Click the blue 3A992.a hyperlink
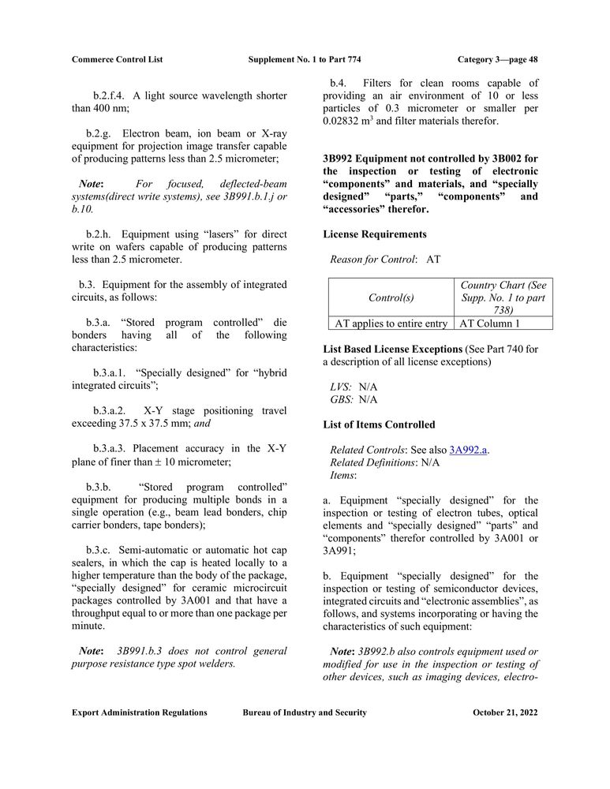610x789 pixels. pyautogui.click(x=468, y=450)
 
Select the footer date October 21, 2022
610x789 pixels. pyautogui.click(x=505, y=712)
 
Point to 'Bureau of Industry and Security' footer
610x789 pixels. pyautogui.click(x=305, y=712)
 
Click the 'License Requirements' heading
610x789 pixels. pyautogui.click(x=375, y=234)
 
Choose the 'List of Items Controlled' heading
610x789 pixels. pyautogui.click(x=379, y=424)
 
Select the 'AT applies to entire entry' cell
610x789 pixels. pyautogui.click(x=391, y=323)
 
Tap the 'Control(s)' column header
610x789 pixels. pyautogui.click(x=391, y=297)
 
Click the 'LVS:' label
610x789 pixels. pyautogui.click(x=341, y=387)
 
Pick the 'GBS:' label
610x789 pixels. pyautogui.click(x=341, y=399)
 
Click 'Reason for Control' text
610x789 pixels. pyautogui.click(x=373, y=259)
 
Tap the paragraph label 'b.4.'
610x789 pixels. pyautogui.click(x=339, y=83)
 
